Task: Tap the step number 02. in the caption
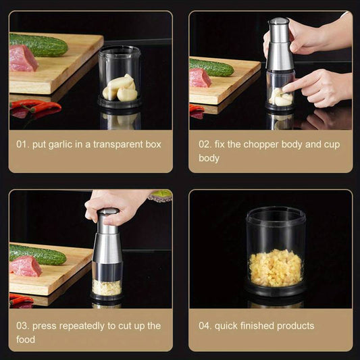(205, 145)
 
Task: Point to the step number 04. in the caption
(205, 326)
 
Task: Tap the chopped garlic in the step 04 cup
(275, 267)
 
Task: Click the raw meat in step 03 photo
(25, 266)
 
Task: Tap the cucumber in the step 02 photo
(211, 67)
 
